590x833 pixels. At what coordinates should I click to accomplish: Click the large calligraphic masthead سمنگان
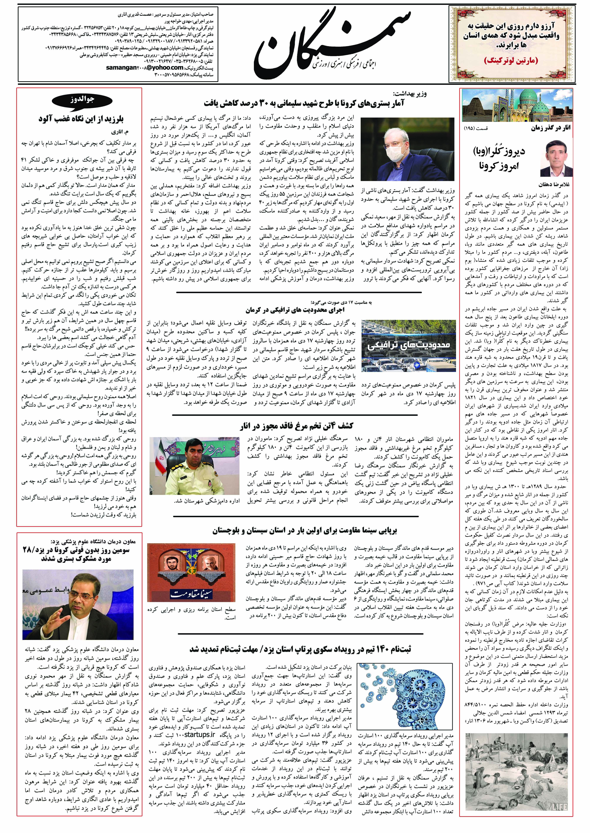[x=332, y=40]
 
